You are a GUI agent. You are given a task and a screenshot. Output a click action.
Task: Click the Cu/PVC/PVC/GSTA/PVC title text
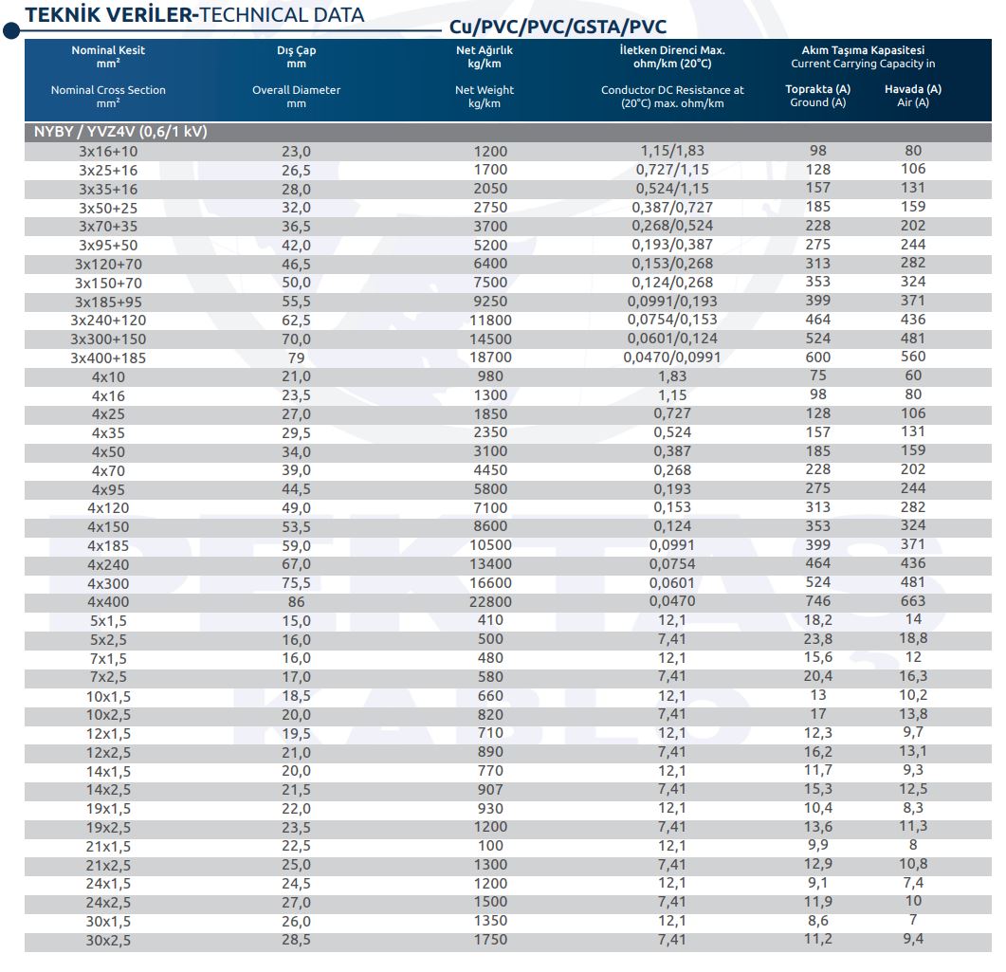[x=558, y=27]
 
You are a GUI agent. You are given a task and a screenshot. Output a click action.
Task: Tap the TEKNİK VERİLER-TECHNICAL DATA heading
[x=194, y=15]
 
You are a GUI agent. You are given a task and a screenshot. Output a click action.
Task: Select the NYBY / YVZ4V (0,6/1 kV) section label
[x=120, y=132]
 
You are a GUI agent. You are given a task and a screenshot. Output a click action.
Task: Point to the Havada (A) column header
[x=913, y=89]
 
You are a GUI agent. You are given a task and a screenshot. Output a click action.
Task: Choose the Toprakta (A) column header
[x=818, y=89]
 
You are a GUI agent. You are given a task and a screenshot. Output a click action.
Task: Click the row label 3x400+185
[x=108, y=358]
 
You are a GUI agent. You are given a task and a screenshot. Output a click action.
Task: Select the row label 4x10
[x=108, y=376]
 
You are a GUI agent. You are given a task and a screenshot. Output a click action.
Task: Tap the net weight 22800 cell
[x=490, y=601]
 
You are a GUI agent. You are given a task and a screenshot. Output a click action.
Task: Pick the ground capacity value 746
[x=818, y=600]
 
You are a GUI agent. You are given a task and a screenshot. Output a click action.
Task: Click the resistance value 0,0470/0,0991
[x=671, y=357]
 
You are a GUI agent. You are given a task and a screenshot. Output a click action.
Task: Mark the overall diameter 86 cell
[x=296, y=601]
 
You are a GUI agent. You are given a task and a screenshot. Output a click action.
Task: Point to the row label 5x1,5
[x=108, y=620]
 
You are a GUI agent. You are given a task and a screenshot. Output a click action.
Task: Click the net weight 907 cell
[x=490, y=789]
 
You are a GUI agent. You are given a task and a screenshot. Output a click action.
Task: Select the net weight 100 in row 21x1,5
[x=490, y=846]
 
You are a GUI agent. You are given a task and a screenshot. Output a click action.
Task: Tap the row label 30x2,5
[x=108, y=940]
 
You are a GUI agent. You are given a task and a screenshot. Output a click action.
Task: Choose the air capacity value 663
[x=913, y=600]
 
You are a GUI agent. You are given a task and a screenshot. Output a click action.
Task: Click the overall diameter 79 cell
[x=296, y=358]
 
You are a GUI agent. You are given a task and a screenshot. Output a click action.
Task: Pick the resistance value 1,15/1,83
[x=671, y=150]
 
